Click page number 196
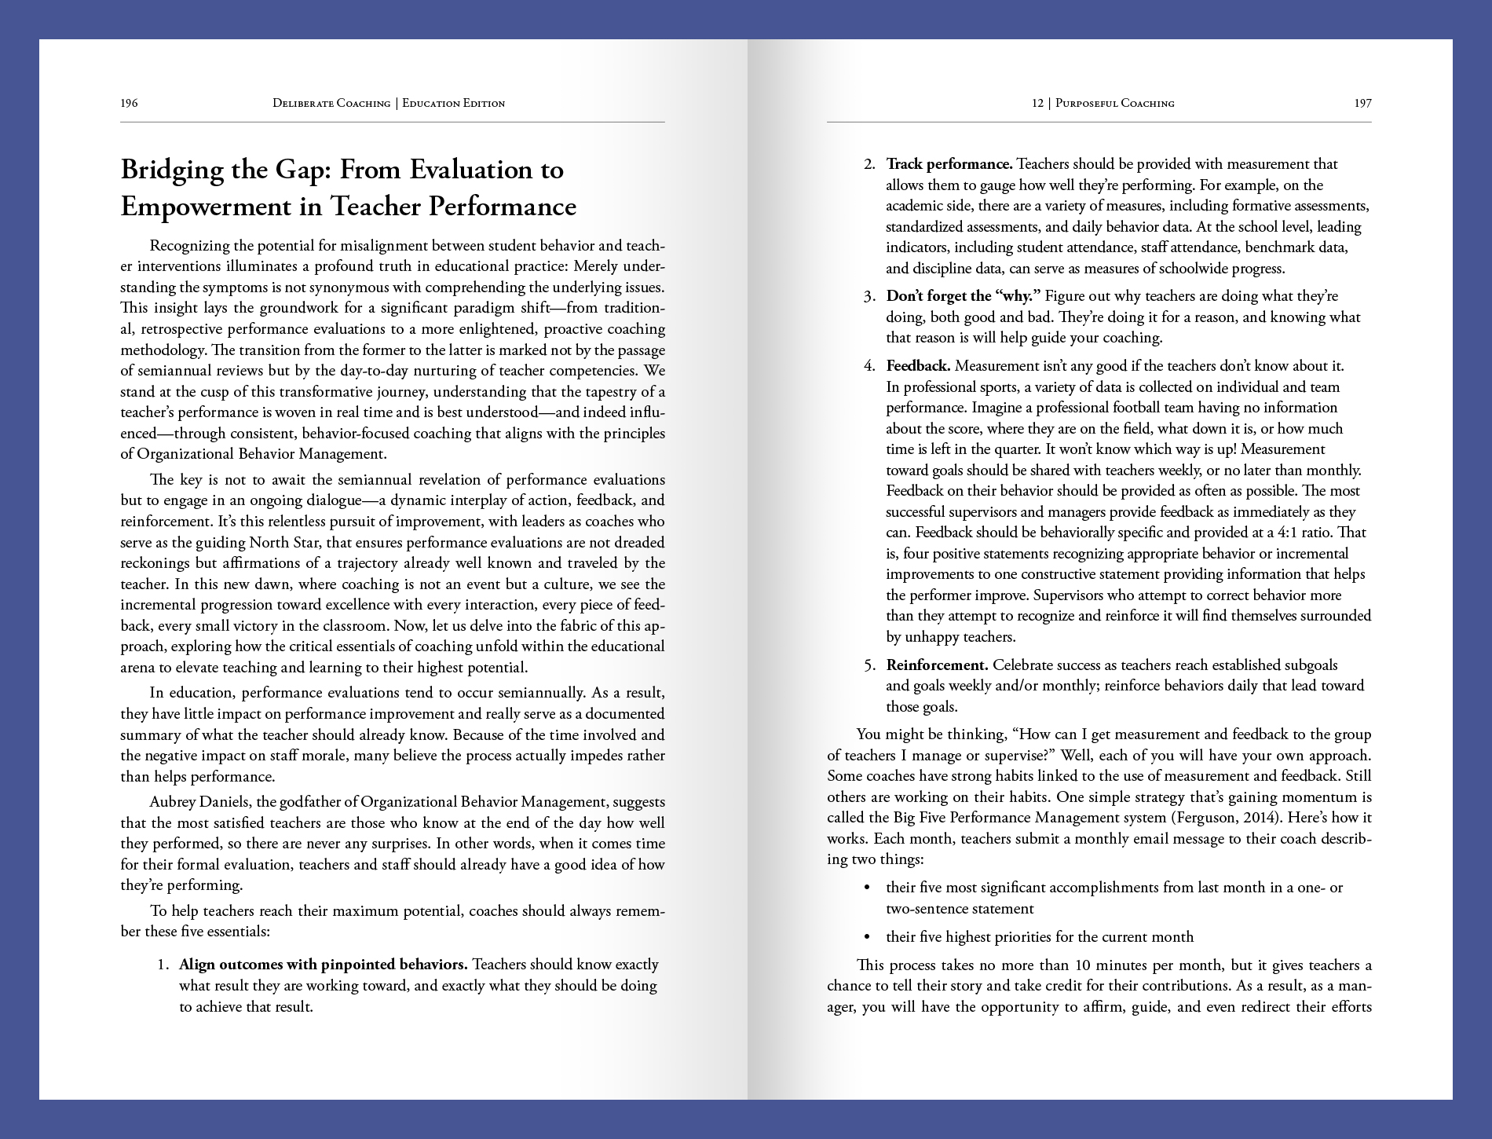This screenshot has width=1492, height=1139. (129, 103)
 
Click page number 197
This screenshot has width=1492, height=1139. (1362, 103)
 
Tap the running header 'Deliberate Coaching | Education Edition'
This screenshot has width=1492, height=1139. (389, 103)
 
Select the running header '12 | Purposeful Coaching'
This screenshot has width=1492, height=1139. (1103, 103)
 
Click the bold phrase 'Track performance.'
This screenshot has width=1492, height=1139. (949, 164)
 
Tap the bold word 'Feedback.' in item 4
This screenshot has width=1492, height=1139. (918, 366)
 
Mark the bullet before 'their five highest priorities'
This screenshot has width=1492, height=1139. (867, 937)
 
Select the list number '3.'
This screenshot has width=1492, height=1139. (869, 296)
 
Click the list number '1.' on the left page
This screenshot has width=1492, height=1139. (163, 965)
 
